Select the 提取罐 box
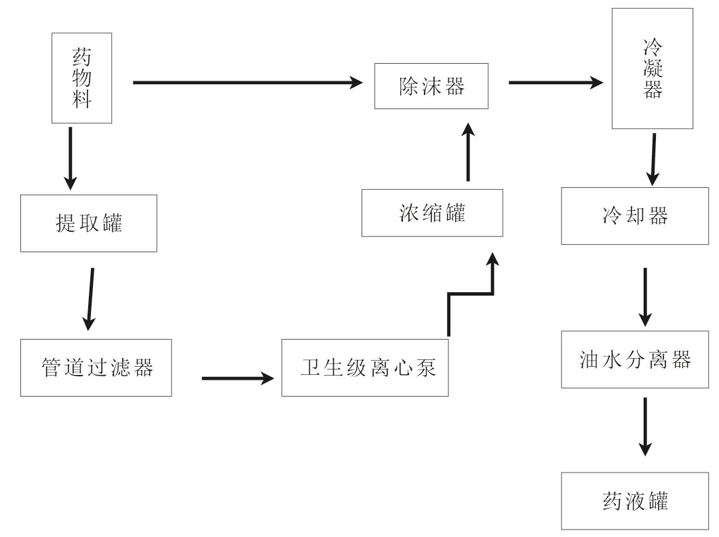(89, 223)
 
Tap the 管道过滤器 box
(96, 367)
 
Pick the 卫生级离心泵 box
(365, 367)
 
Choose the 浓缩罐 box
(432, 213)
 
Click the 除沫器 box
(431, 85)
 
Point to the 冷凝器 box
(653, 68)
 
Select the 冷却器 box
(635, 216)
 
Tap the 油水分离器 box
(635, 359)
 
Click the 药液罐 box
(635, 501)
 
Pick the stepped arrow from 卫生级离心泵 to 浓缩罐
(469, 294)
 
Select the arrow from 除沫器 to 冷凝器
(555, 83)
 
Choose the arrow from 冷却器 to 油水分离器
(645, 296)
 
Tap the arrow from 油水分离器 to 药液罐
(645, 426)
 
